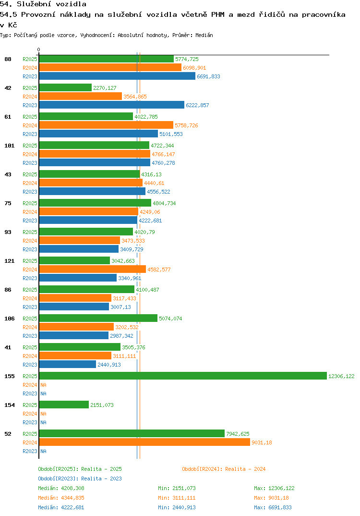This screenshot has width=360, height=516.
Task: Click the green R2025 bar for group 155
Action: pyautogui.click(x=182, y=376)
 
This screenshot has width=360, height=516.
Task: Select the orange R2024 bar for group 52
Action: pyautogui.click(x=144, y=442)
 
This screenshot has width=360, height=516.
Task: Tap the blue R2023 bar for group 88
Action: pyautogui.click(x=117, y=76)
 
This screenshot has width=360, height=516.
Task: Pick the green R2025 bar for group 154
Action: pyautogui.click(x=64, y=405)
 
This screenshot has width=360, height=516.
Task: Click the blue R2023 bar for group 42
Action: pyautogui.click(x=111, y=105)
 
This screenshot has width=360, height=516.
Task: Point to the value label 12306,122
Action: pyautogui.click(x=341, y=376)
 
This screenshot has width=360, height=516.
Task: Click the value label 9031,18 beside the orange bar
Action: pyautogui.click(x=262, y=442)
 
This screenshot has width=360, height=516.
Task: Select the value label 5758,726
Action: pyautogui.click(x=186, y=125)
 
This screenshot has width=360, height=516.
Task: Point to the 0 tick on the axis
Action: pyautogui.click(x=39, y=49)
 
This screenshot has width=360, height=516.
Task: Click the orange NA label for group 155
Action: pyautogui.click(x=43, y=385)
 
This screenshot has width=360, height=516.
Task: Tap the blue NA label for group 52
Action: pyautogui.click(x=43, y=451)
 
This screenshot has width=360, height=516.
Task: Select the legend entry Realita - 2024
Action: pyautogui.click(x=224, y=469)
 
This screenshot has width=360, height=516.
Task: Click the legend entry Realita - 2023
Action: pyautogui.click(x=80, y=479)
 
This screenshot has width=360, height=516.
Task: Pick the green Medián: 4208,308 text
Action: pyautogui.click(x=61, y=488)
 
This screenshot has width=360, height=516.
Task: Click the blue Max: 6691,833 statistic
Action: pyautogui.click(x=273, y=507)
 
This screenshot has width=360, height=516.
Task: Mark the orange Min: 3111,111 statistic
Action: pyautogui.click(x=177, y=498)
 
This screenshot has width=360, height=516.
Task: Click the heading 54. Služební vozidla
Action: pyautogui.click(x=43, y=4)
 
